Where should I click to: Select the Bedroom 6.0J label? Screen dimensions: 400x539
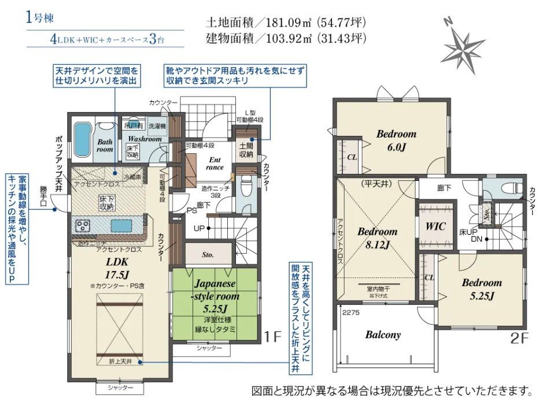click(396, 139)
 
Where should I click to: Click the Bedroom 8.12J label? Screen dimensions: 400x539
click(377, 238)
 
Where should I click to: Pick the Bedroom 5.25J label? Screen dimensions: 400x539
click(481, 289)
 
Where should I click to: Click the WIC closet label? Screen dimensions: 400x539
click(435, 227)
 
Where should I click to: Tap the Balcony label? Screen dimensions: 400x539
click(382, 335)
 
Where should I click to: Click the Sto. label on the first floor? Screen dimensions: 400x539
click(208, 253)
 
